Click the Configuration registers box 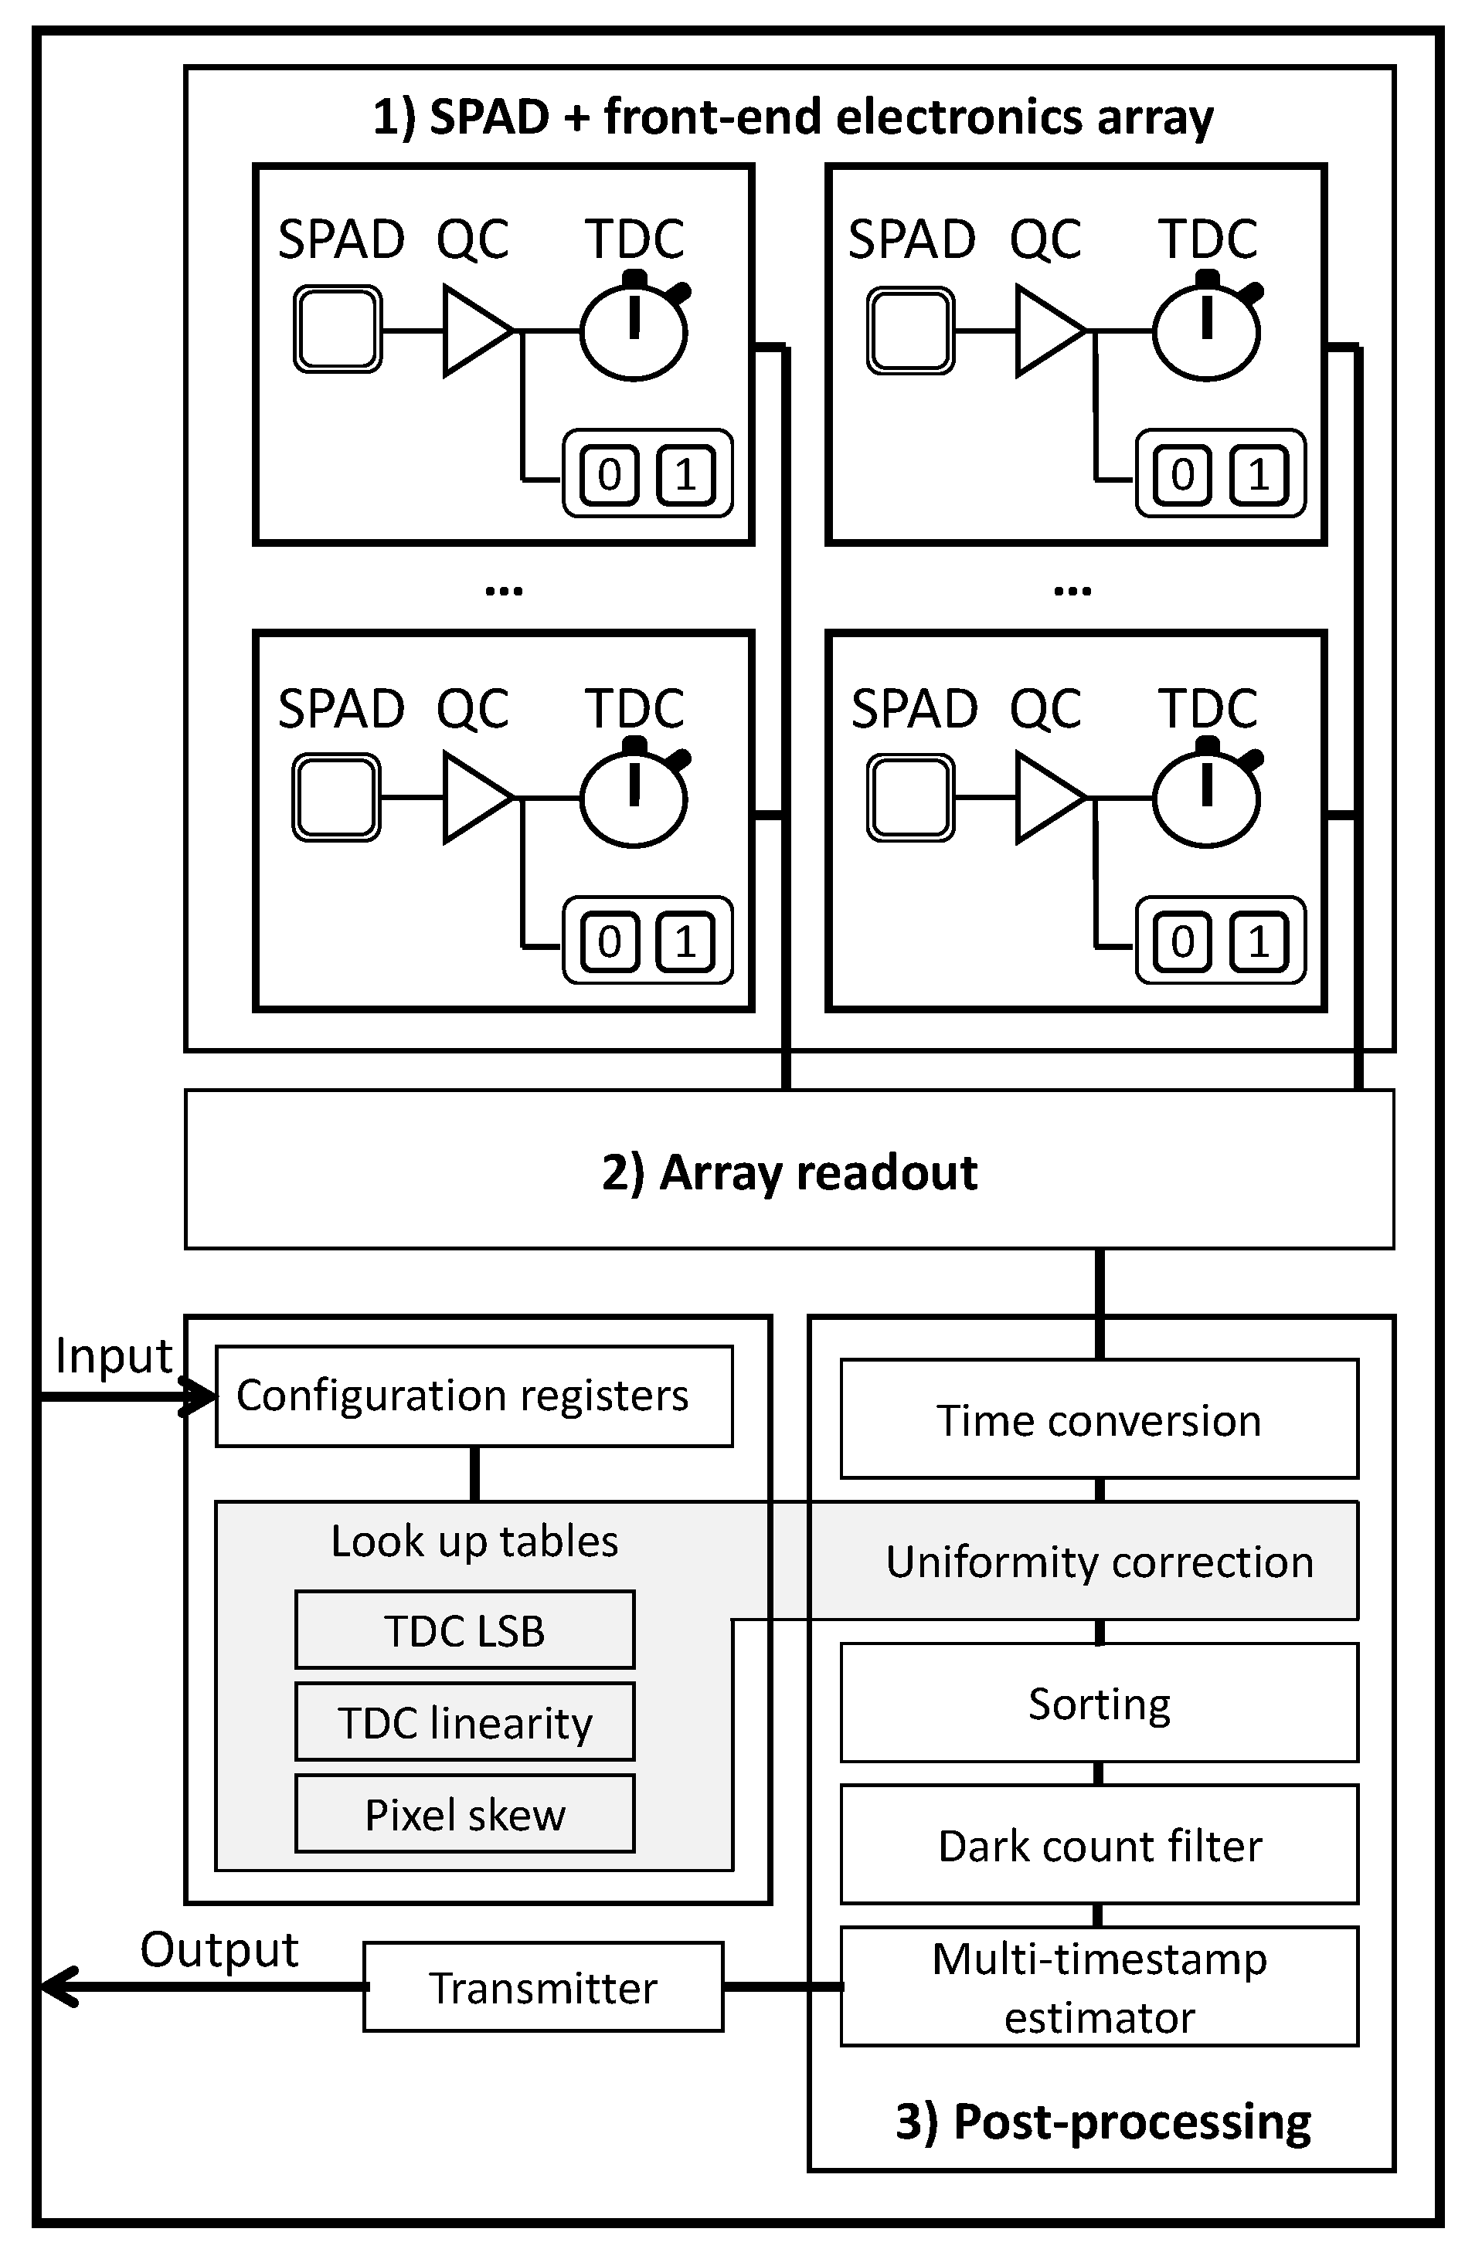click(x=474, y=1396)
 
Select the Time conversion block click(x=1098, y=1419)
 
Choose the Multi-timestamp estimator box click(x=1098, y=1986)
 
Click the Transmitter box click(x=543, y=1987)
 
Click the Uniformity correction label click(x=1098, y=1562)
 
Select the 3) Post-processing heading click(x=1102, y=2122)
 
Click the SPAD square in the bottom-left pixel click(x=336, y=797)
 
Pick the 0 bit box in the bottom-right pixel click(x=1182, y=941)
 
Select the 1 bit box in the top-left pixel click(x=685, y=474)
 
